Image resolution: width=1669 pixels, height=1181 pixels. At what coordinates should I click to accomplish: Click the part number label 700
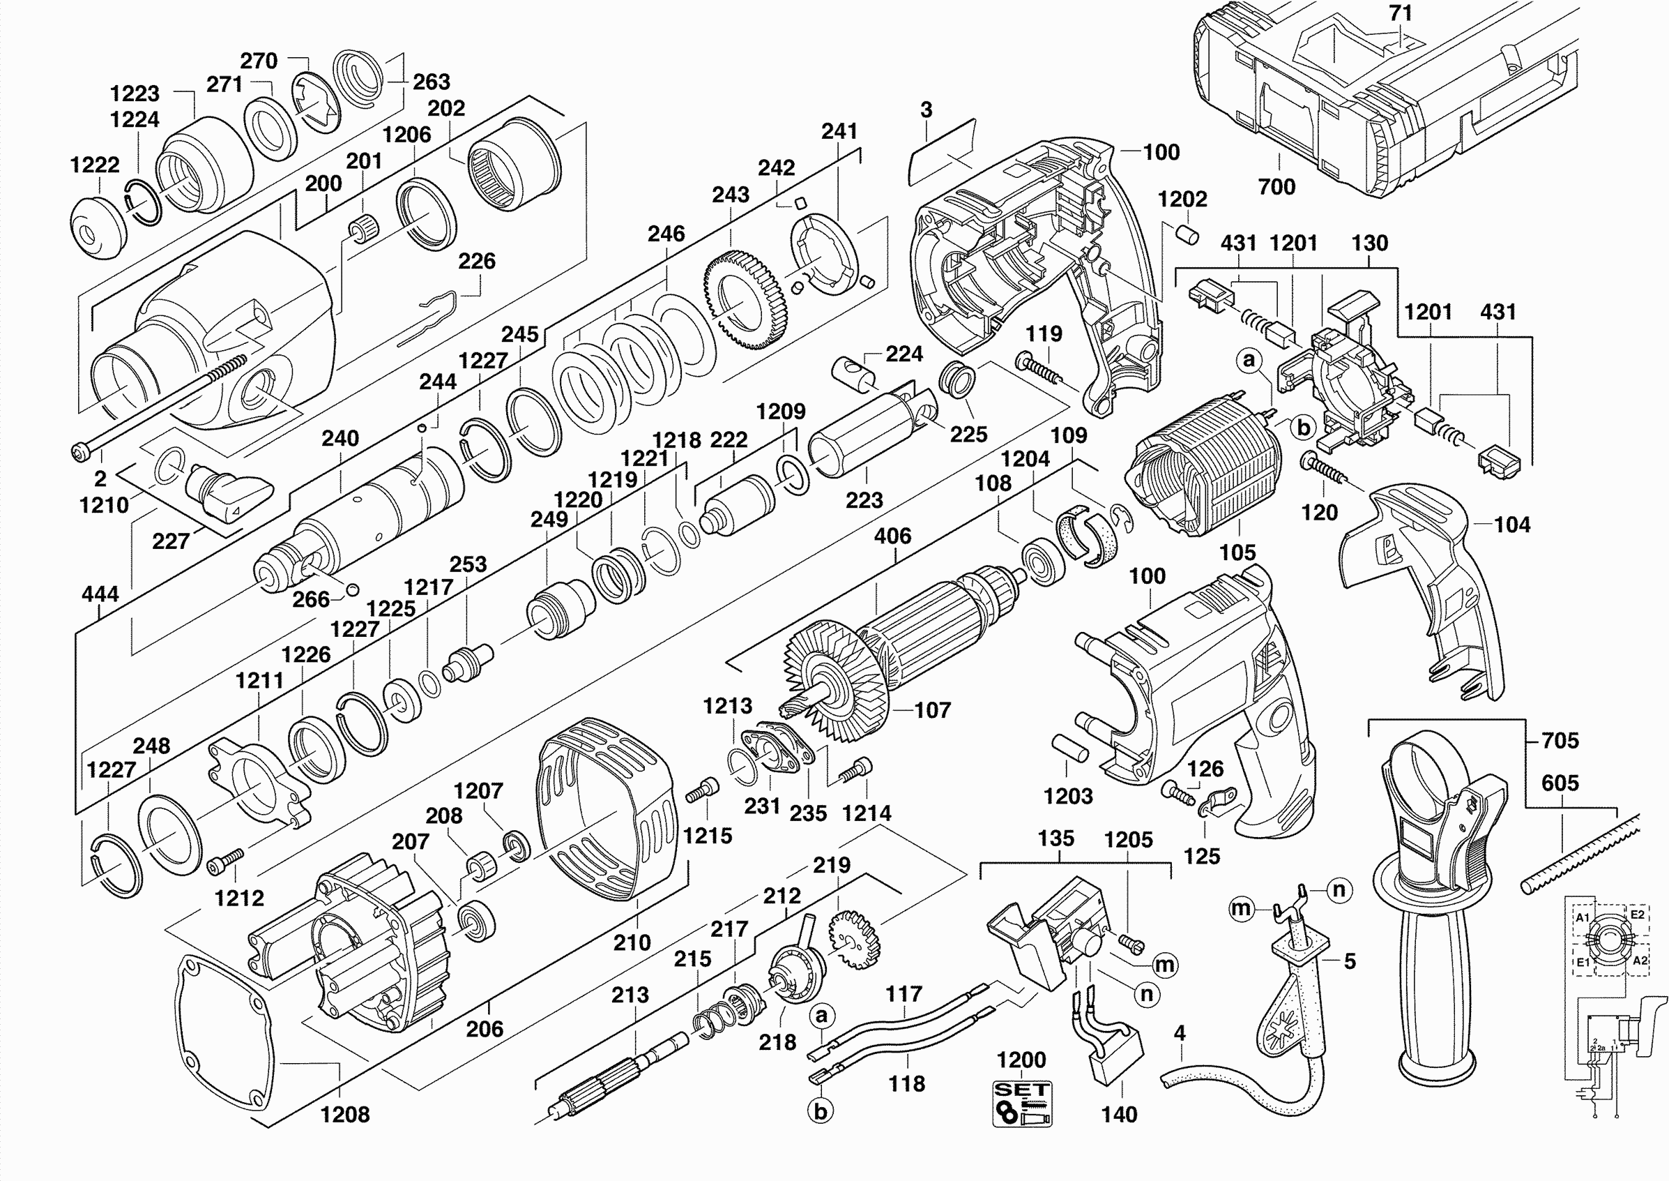(x=1276, y=187)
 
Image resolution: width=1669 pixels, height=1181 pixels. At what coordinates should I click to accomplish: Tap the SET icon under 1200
(x=1022, y=1103)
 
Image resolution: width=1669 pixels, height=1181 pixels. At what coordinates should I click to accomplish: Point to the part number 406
(x=892, y=536)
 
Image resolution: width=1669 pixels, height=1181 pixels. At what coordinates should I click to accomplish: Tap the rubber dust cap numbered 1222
(x=98, y=226)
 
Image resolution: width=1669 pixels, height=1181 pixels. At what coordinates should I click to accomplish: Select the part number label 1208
(x=344, y=1114)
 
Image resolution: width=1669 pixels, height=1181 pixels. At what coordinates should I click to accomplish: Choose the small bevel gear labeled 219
(x=854, y=940)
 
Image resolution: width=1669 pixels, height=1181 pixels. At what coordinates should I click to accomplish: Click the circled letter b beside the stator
(x=1304, y=427)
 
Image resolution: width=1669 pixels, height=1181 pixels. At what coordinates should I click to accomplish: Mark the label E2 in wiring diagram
(x=1637, y=915)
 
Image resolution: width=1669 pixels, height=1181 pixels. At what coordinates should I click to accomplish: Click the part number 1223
(x=135, y=93)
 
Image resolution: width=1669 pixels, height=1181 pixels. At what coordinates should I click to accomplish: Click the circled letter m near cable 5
(x=1240, y=908)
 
